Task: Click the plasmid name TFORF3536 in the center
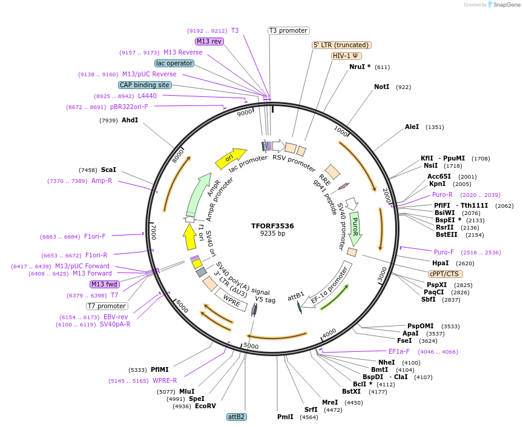click(272, 226)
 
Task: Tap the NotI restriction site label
click(381, 87)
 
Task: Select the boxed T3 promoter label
click(288, 30)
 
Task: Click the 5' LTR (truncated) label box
click(341, 45)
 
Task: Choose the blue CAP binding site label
click(145, 85)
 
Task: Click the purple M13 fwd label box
click(105, 284)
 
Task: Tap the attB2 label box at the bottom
click(236, 417)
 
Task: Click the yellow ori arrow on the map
click(231, 158)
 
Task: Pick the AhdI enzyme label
click(130, 121)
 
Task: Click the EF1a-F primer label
click(399, 351)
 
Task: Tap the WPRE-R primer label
click(165, 380)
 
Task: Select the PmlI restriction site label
click(285, 417)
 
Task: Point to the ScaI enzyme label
click(108, 170)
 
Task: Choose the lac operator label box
click(174, 63)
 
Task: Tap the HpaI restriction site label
click(440, 263)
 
